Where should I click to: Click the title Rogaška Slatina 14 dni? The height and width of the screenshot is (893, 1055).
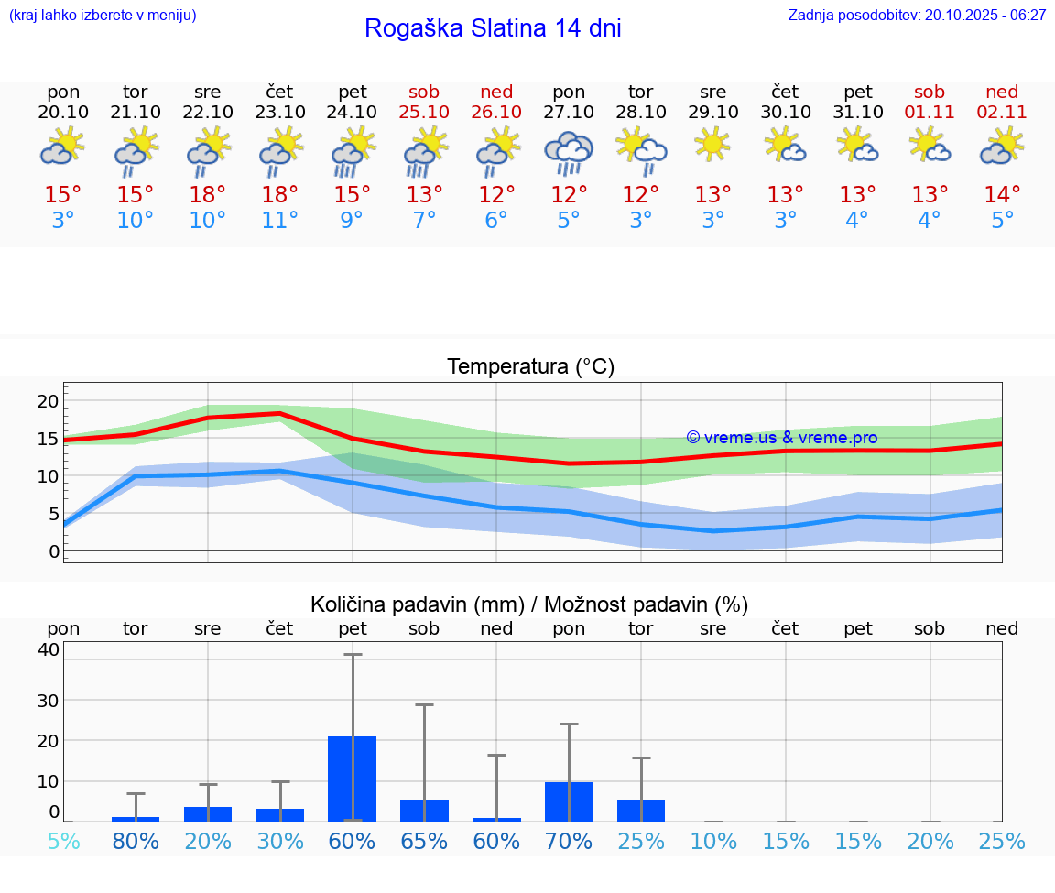(493, 28)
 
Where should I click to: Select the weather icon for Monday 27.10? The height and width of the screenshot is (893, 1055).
(569, 152)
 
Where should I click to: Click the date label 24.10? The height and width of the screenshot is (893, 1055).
(353, 113)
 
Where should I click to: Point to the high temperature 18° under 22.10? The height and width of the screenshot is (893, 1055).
(208, 195)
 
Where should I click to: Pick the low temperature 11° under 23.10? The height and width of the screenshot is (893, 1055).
(280, 221)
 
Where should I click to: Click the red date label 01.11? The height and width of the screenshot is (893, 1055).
(930, 113)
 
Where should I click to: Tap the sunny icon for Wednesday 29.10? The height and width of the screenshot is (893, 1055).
(712, 145)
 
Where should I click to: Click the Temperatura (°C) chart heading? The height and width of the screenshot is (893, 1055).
(531, 367)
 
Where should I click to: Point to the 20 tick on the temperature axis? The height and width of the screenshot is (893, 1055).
(48, 401)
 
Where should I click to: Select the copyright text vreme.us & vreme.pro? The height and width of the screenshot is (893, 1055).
(782, 438)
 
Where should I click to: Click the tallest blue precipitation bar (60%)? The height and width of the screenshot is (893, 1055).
(353, 779)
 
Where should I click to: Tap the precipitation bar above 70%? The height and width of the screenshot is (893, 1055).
(569, 801)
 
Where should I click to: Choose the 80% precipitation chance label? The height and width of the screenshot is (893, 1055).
(136, 841)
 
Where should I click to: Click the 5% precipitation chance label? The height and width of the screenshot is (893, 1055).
(63, 841)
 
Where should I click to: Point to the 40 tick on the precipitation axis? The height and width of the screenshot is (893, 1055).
(49, 650)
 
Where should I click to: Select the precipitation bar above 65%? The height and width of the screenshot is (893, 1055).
(424, 811)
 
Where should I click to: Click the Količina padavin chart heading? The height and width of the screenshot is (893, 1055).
(529, 604)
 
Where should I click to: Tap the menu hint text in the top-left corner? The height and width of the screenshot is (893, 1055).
(103, 15)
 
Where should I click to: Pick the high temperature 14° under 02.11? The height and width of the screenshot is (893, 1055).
(1002, 195)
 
